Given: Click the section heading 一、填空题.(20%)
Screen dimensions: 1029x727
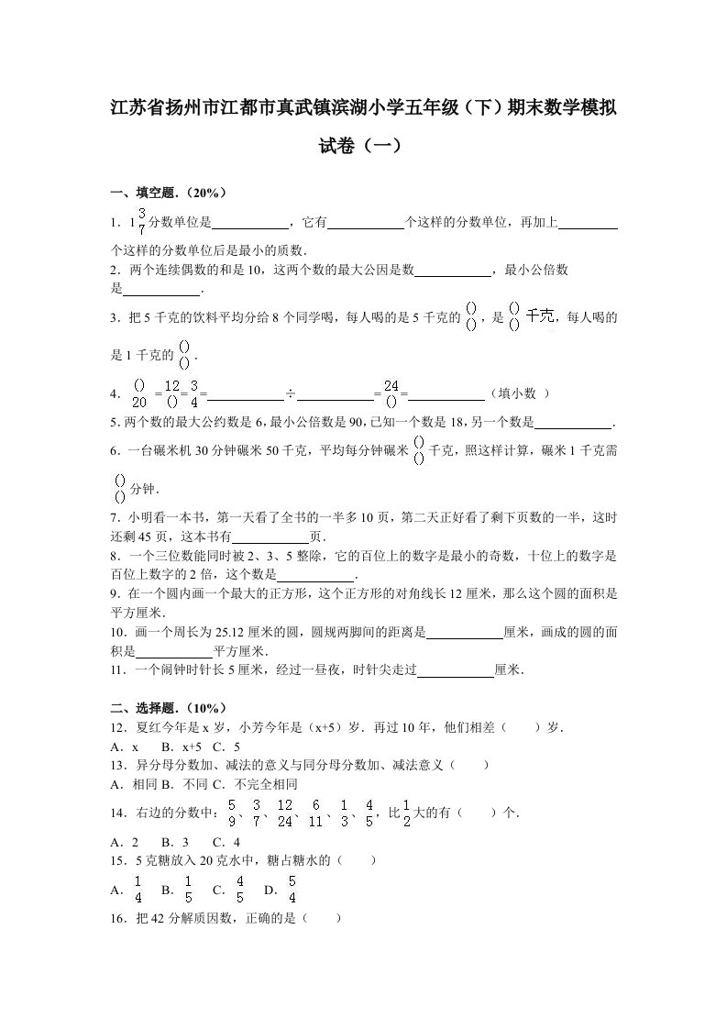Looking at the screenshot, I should click(168, 193).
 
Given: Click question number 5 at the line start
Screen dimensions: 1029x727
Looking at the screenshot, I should click(114, 423).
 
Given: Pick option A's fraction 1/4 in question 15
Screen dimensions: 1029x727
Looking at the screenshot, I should click(138, 890).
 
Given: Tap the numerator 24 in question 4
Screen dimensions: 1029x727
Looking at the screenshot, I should click(392, 386).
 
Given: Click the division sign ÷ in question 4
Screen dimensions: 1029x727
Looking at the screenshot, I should click(290, 394).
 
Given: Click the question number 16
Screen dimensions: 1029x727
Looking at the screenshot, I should click(117, 918).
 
